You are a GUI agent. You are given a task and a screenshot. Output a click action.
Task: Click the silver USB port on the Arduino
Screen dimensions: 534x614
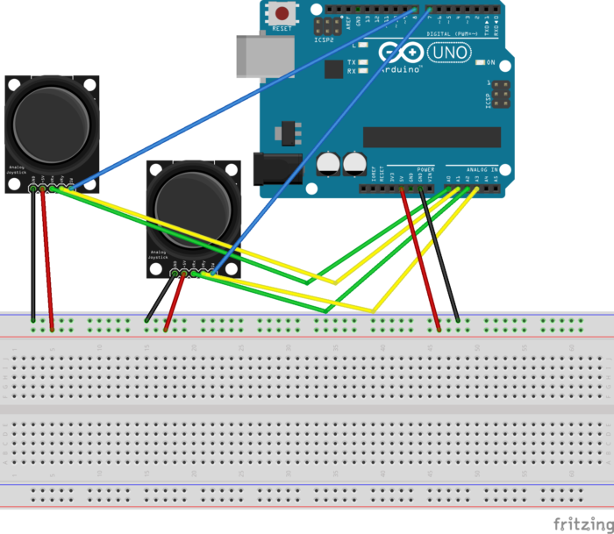(262, 55)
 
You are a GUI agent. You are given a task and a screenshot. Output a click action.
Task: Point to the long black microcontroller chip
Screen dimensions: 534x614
(431, 137)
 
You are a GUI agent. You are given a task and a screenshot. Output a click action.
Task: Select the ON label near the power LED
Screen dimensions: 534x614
(491, 63)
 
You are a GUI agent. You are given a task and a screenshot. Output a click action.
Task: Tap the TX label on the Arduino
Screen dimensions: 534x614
(351, 62)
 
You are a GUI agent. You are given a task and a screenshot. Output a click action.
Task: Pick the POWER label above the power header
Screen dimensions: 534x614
(425, 169)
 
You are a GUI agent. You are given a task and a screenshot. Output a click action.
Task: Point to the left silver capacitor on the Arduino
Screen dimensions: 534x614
(328, 163)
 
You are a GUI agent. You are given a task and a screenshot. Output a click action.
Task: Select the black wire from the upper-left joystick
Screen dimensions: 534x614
(33, 254)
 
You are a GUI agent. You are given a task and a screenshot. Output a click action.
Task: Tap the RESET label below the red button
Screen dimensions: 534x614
(282, 28)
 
